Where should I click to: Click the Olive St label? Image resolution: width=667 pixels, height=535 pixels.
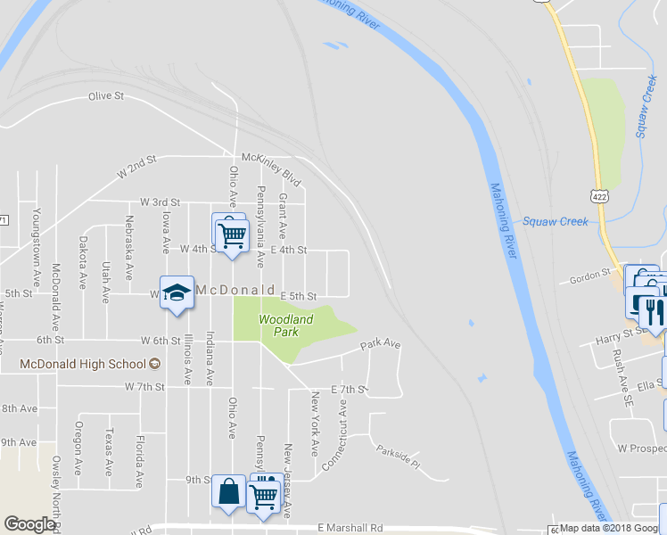point(105,96)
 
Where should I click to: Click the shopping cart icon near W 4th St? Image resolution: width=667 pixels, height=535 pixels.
point(232,235)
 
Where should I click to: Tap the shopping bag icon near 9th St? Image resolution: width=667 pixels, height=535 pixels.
point(229,492)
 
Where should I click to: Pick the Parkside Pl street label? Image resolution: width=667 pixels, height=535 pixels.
point(397,457)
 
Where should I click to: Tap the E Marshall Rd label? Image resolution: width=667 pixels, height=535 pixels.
point(350,528)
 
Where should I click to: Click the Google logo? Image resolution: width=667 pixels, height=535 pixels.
point(29,524)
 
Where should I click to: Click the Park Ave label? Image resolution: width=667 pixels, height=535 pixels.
point(381,343)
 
